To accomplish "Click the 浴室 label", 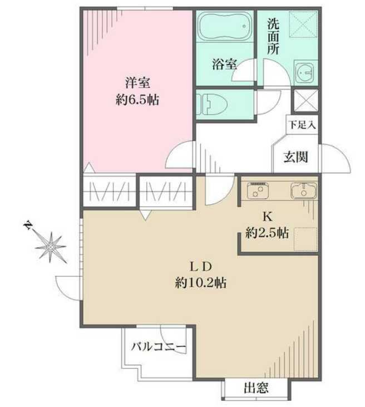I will point(224,65).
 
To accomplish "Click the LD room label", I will point(200,266).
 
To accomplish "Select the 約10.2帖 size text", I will point(200,283).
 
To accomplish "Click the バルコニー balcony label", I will point(157,347).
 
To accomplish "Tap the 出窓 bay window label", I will point(255,388).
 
